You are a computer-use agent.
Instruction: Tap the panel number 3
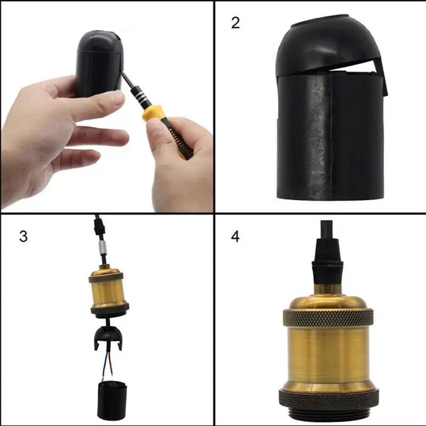[23, 236]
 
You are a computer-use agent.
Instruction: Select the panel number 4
[235, 236]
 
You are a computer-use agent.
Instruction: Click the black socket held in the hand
[99, 61]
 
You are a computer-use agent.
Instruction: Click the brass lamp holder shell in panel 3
[109, 290]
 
